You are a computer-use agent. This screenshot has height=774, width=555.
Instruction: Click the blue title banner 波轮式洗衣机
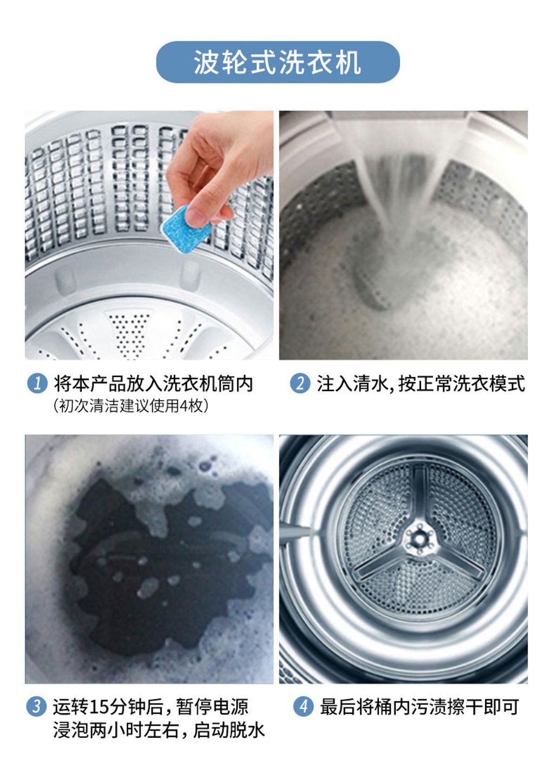pos(277,62)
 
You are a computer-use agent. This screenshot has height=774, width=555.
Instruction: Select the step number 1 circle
pos(37,383)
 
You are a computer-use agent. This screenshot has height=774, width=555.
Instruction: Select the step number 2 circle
pos(300,383)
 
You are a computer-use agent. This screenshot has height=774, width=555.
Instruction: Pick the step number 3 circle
pos(36,706)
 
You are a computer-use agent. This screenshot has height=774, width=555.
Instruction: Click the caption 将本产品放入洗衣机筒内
pos(153,383)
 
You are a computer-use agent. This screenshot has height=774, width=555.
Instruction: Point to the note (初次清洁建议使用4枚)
pos(131,406)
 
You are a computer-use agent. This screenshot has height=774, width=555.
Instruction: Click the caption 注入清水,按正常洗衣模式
pos(421,383)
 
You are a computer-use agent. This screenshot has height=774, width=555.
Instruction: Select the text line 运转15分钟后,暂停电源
pos(150,706)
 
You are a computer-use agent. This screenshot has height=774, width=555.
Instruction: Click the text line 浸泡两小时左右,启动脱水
pos(159,730)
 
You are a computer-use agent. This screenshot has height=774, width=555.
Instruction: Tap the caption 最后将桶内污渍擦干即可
pos(419,706)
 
